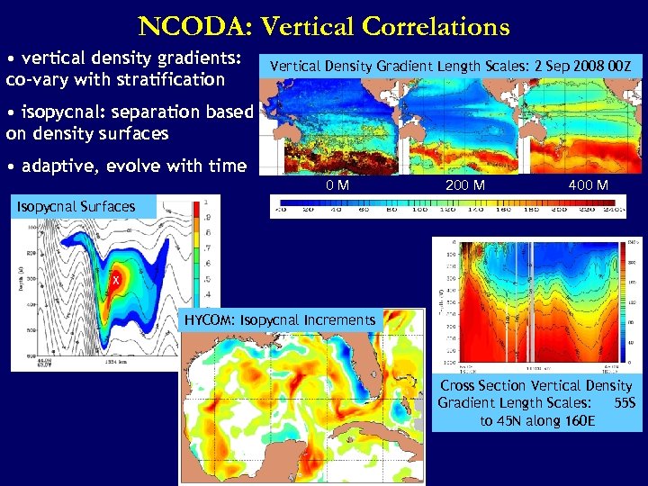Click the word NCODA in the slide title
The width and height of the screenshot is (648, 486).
[x=184, y=27]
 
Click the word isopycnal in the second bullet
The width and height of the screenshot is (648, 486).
[x=62, y=115]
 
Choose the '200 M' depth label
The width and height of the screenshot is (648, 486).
[x=465, y=185]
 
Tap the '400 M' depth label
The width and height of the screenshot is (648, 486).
[x=589, y=185]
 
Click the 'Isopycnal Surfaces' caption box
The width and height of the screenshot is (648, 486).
[x=77, y=206]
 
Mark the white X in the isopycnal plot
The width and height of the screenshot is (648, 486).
[x=115, y=281]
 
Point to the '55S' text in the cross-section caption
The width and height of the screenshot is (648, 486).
[x=624, y=402]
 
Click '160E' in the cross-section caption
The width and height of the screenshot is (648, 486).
[x=576, y=419]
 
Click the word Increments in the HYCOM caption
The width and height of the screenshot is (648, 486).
[x=340, y=319]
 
